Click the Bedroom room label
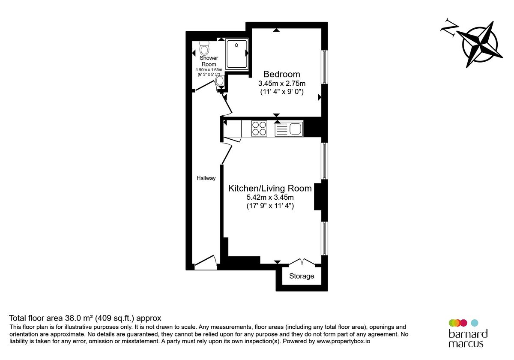281,74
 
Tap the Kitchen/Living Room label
270,189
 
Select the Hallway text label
206,178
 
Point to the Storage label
302,276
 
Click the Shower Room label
209,61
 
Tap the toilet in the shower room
204,48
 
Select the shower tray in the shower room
237,54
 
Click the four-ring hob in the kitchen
259,128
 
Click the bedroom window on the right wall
324,67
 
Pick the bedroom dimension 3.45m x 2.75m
281,83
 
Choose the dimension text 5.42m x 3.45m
270,197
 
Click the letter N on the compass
449,28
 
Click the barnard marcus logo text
468,339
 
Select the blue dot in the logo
475,323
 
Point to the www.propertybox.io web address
343,341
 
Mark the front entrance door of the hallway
206,262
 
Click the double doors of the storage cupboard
302,262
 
